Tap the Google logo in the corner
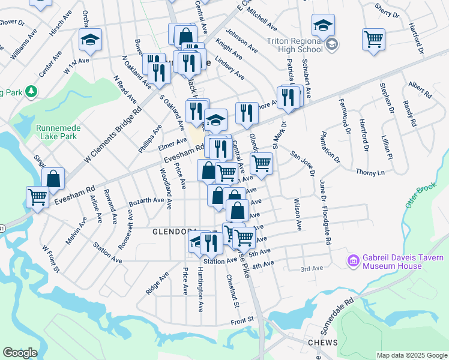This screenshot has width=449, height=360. click(20, 353)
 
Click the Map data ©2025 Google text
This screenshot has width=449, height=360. click(412, 355)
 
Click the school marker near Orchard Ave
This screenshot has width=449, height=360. click(91, 41)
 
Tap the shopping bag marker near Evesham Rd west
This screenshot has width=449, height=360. click(53, 178)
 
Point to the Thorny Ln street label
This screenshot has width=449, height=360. click(371, 173)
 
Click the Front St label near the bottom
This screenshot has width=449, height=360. click(243, 322)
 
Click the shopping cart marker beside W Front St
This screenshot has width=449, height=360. click(38, 197)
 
